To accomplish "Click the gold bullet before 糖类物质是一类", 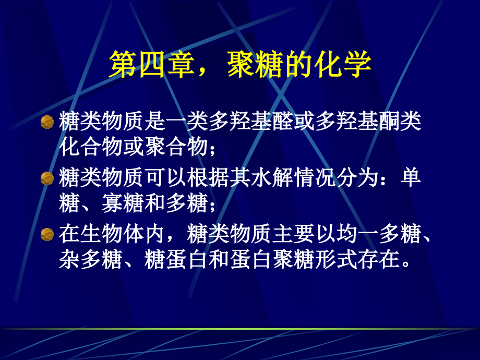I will pyautogui.click(x=47, y=123).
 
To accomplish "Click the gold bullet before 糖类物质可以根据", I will pyautogui.click(x=47, y=178).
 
